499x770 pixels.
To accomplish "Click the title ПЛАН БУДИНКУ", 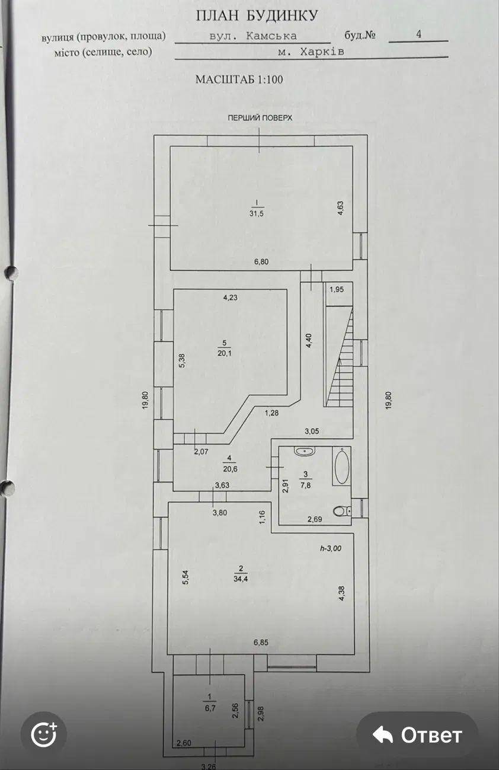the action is pos(257,16).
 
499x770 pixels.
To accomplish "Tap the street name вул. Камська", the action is pos(253,36).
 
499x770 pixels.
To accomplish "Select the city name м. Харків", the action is pos(311,52).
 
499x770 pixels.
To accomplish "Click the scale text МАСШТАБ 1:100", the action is pos(239,79).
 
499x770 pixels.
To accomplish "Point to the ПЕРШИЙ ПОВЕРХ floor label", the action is pos(260,118).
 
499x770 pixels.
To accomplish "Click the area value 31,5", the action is pos(257,213).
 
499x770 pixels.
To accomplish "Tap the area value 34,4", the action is pos(241,579).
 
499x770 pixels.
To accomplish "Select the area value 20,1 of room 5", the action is pos(225,353).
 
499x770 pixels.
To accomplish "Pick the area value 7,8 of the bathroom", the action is pos(306,485).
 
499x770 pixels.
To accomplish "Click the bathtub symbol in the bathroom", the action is pos(341,466).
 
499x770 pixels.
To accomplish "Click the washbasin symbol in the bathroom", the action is pos(305,451).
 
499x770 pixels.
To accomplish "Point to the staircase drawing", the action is pos(340,357).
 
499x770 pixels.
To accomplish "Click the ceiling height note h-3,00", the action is pos(331,548).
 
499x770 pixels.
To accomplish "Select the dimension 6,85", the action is pos(261,643).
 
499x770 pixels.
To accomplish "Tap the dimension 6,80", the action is pos(261,261).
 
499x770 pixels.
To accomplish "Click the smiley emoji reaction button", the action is pos(44,734).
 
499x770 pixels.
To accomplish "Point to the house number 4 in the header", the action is pos(418,34).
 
